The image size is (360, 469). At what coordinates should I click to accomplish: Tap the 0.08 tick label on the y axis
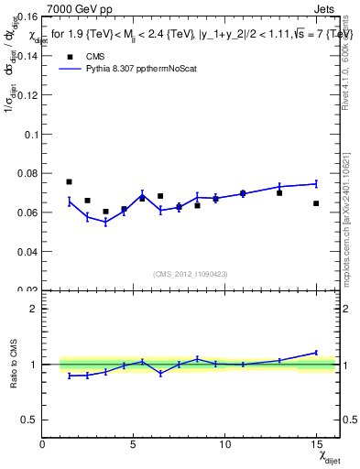pyautogui.click(x=27, y=173)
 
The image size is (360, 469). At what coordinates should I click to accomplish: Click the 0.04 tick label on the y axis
pyautogui.click(x=27, y=252)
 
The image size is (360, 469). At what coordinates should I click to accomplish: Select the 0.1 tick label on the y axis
pyautogui.click(x=30, y=134)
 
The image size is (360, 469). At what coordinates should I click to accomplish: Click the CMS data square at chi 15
pyautogui.click(x=316, y=203)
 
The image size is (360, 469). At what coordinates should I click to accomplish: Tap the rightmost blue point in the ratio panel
pyautogui.click(x=316, y=353)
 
